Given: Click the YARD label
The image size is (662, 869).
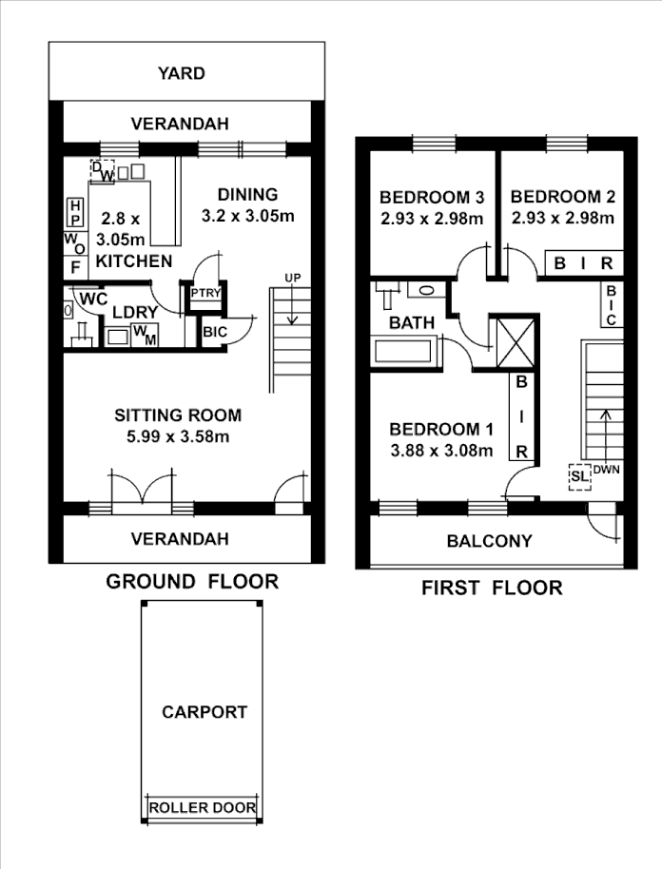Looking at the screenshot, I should [181, 73].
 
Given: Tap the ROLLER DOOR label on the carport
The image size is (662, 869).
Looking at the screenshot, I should [202, 808].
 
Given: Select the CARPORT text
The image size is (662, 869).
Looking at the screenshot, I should [204, 711].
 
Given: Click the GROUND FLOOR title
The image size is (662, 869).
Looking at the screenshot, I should [192, 581].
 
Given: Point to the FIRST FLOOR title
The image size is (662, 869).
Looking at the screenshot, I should [492, 588].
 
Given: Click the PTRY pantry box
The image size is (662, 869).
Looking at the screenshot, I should [205, 293].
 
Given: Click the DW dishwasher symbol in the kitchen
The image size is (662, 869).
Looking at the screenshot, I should [103, 172].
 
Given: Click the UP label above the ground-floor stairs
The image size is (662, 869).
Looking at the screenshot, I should [293, 277].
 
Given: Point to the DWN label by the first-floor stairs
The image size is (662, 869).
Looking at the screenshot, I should [606, 470].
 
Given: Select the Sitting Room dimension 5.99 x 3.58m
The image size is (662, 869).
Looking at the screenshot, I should [178, 437].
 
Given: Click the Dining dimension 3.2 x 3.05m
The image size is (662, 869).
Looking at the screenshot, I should [247, 216].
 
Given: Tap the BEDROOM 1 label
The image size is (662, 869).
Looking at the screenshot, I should [440, 427].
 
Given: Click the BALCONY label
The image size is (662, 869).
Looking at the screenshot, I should [489, 541].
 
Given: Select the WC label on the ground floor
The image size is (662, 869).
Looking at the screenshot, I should [93, 299].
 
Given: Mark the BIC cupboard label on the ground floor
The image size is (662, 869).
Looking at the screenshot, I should [213, 333].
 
